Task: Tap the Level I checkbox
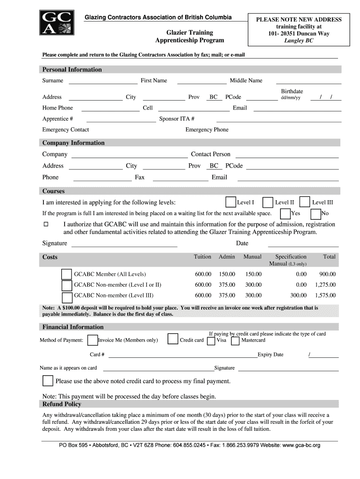pyautogui.click(x=230, y=202)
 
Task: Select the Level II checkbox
pyautogui.click(x=268, y=202)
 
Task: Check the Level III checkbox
pyautogui.click(x=305, y=202)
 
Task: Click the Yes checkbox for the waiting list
pyautogui.click(x=285, y=214)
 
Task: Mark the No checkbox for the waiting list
pyautogui.click(x=316, y=214)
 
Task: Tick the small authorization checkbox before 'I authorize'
pyautogui.click(x=46, y=225)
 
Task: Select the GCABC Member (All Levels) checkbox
pyautogui.click(x=67, y=274)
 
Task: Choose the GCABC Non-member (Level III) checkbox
pyautogui.click(x=67, y=297)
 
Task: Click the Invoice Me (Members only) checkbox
pyautogui.click(x=93, y=340)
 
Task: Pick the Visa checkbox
pyautogui.click(x=211, y=340)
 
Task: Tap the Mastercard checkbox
pyautogui.click(x=236, y=340)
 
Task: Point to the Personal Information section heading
pyautogui.click(x=72, y=70)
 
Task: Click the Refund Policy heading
pyautogui.click(x=62, y=404)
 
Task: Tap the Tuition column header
pyautogui.click(x=202, y=257)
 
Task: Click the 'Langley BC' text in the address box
pyautogui.click(x=299, y=41)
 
